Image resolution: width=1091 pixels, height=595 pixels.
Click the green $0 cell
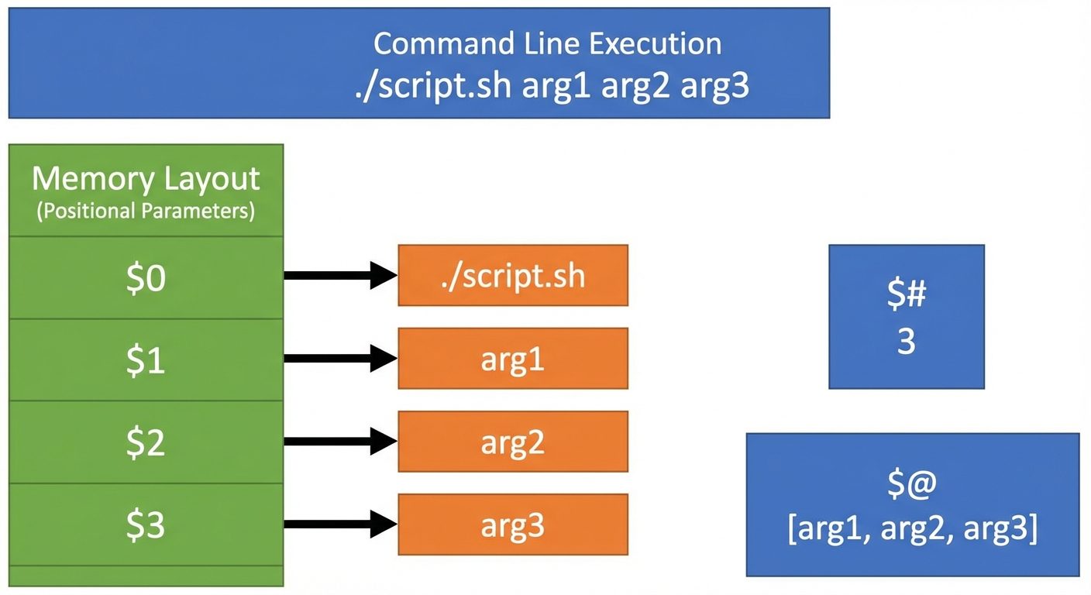[146, 277]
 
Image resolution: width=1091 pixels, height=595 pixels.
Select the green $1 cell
[146, 359]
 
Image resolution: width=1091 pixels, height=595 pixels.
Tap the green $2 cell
[146, 442]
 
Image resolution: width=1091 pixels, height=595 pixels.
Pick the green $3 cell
[146, 524]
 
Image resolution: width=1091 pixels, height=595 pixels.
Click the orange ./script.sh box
[512, 276]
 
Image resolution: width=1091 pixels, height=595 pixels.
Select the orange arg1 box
[512, 359]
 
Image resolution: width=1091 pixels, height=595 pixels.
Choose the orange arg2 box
[512, 442]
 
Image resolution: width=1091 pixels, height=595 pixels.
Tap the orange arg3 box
[512, 524]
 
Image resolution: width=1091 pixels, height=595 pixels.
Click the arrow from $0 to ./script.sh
[341, 275]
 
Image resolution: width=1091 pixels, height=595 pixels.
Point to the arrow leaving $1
[341, 358]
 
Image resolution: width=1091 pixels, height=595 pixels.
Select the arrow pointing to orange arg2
[341, 442]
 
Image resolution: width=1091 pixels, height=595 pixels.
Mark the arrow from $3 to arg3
[341, 524]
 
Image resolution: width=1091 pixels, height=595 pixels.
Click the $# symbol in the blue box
[906, 295]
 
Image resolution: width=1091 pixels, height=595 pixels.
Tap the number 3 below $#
[906, 342]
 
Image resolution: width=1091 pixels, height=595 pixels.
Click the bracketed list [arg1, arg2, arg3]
[912, 528]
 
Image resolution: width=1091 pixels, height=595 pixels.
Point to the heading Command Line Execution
[547, 43]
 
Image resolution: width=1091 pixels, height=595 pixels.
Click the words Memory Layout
[146, 179]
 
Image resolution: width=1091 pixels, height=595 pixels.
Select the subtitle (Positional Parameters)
[146, 212]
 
